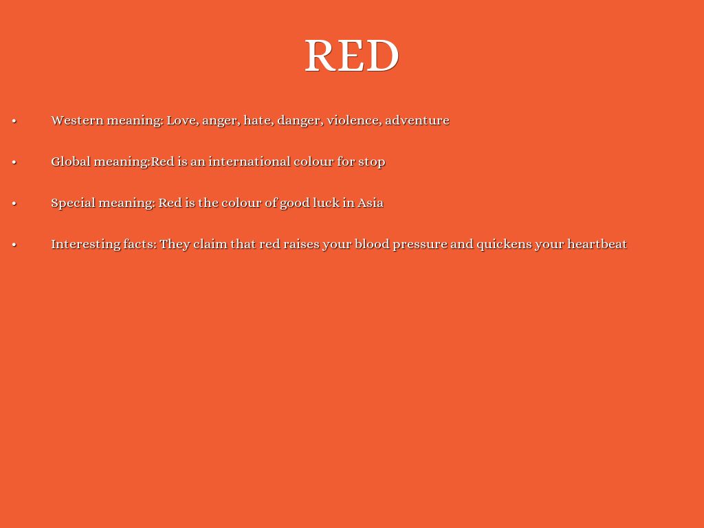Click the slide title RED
pos(351,55)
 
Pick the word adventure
pos(417,120)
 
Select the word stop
pos(371,162)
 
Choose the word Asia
pos(371,203)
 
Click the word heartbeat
pos(597,244)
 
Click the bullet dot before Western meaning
pos(14,121)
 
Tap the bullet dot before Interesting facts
pos(14,245)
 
